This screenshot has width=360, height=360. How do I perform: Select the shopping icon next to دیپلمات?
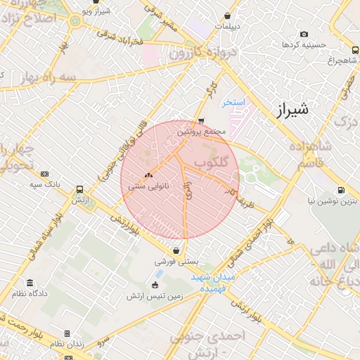227,16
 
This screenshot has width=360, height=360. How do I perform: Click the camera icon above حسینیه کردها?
304,34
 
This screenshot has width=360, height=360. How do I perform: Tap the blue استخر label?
233,103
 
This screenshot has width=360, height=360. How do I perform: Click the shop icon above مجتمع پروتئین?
202,120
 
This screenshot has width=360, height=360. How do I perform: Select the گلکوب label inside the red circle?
212,162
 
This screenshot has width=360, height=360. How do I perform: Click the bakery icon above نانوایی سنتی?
148,176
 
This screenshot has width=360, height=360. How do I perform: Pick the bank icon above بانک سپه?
45,174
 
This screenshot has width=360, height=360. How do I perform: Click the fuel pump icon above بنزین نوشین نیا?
341,190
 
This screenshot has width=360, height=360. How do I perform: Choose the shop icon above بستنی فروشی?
176,250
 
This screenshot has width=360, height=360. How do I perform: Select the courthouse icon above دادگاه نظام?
29,283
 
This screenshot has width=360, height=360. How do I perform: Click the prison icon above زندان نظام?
67,333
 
